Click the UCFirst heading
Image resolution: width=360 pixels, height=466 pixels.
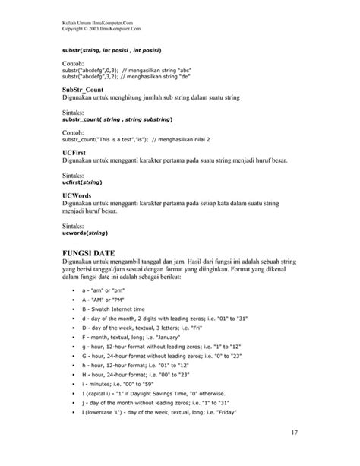(74, 151)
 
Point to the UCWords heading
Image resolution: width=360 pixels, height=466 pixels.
(77, 195)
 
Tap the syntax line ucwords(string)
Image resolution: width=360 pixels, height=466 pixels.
(84, 234)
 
